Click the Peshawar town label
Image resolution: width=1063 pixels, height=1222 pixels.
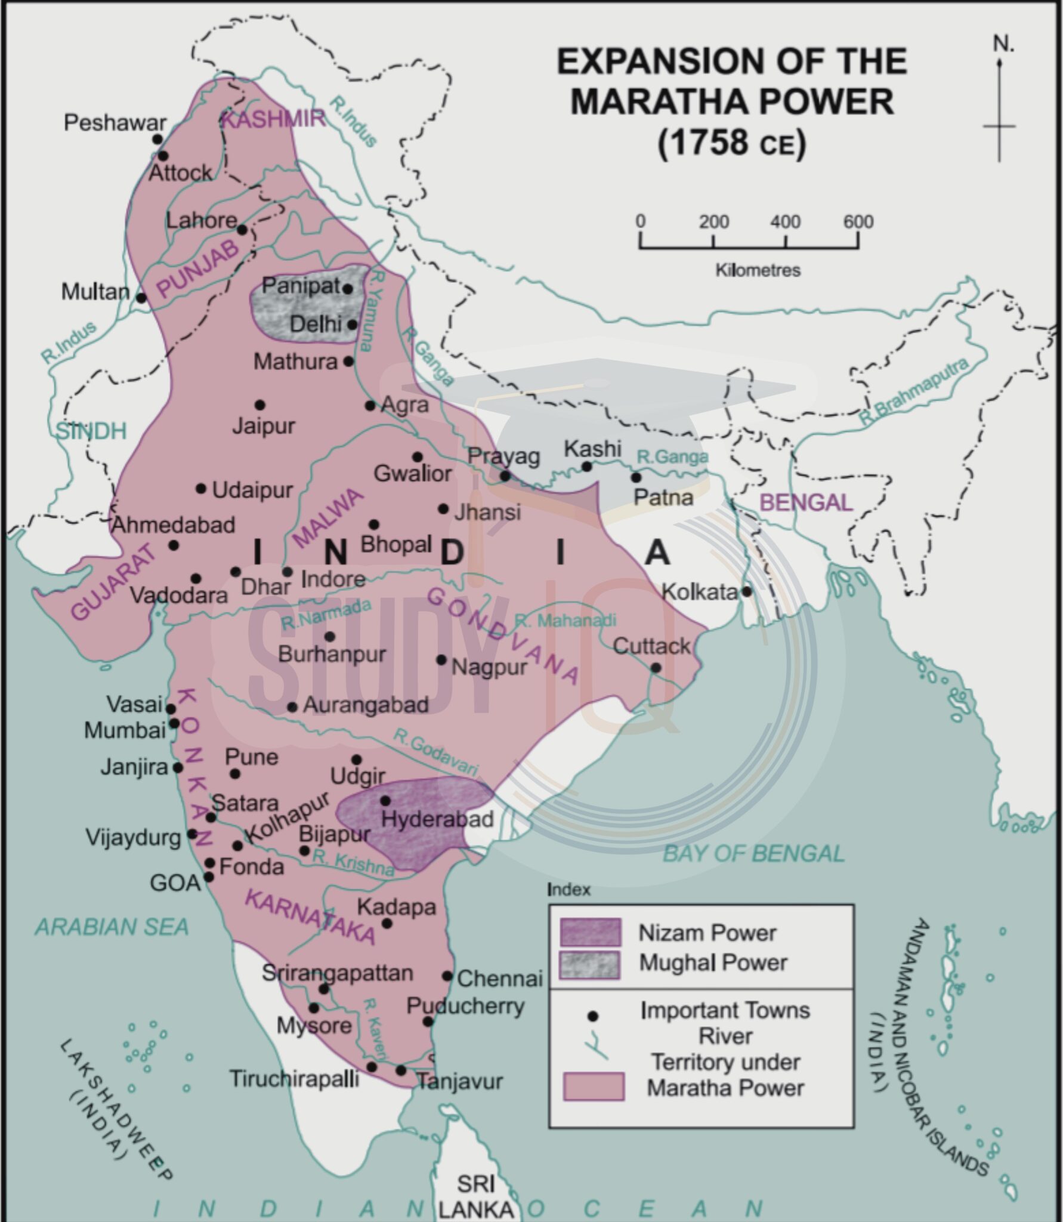(115, 122)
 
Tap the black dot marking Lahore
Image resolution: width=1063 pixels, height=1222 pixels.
(242, 230)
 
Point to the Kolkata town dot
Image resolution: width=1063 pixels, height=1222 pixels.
(746, 591)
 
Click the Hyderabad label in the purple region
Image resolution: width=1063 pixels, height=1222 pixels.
(437, 819)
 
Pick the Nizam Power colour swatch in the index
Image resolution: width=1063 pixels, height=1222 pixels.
(590, 932)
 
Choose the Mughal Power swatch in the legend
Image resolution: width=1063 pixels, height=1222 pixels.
(590, 965)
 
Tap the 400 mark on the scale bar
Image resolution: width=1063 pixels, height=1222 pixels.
(785, 222)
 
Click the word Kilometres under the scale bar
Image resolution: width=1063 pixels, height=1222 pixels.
(758, 270)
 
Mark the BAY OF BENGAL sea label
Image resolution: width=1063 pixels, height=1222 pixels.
(753, 854)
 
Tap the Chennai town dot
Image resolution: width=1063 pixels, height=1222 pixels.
(447, 976)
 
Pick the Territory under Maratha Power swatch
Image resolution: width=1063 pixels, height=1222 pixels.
(594, 1086)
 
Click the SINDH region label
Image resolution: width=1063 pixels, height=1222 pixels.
(91, 431)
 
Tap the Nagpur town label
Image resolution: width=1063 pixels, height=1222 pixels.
(489, 667)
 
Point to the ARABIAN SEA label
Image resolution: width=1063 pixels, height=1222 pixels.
(112, 927)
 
